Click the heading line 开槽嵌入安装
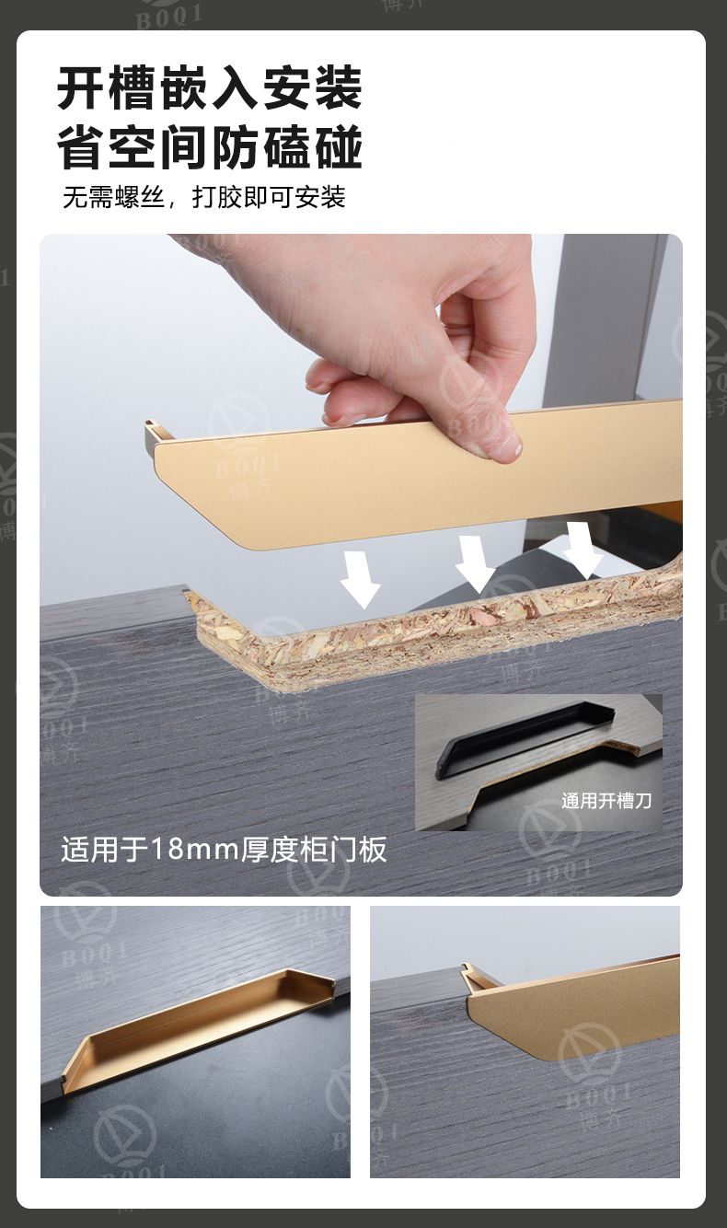(209, 87)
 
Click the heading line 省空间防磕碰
(209, 147)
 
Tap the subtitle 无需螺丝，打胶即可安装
(203, 197)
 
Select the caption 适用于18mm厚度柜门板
(224, 849)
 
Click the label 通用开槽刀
(606, 801)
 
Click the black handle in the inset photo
(524, 734)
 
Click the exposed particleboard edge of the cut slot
(433, 631)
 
